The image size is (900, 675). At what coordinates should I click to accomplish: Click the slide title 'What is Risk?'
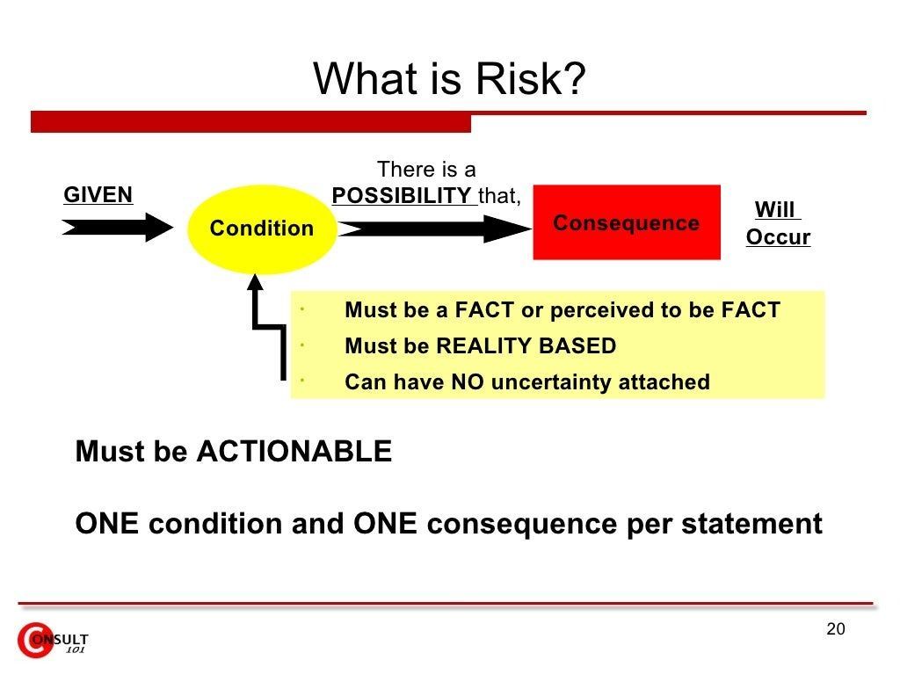point(449,78)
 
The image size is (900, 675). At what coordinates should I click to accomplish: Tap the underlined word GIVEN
point(98,194)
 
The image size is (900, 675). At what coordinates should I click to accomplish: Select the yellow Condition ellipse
point(262,229)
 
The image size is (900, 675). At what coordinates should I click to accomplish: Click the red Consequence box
point(627,222)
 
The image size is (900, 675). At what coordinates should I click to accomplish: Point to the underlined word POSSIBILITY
point(402,196)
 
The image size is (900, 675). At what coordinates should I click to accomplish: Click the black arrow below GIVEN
point(118,228)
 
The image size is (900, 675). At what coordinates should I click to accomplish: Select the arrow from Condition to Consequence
point(435,229)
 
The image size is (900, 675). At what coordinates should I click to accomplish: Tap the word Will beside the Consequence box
point(775,209)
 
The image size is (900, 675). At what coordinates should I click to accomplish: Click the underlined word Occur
point(779,236)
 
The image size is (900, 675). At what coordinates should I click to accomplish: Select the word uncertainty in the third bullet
point(550,382)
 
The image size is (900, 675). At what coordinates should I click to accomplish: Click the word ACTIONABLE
point(294,451)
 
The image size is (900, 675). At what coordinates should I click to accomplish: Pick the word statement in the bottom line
point(752,524)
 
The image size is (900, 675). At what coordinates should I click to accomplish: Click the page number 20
point(836,629)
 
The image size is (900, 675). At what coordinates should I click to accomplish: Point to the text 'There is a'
point(426,170)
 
